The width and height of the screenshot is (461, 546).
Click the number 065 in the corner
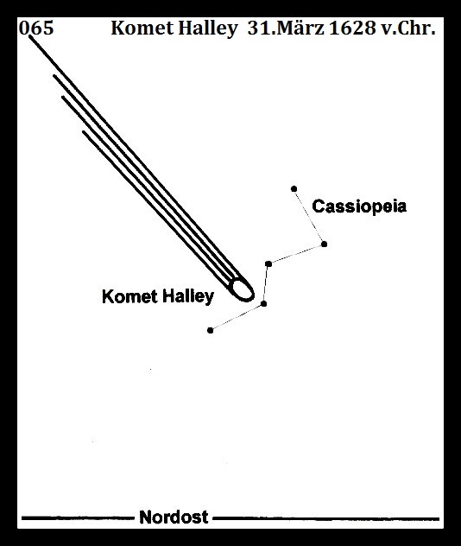click(x=36, y=28)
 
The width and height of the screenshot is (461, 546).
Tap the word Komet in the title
click(x=142, y=28)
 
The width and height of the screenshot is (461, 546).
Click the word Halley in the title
click(x=208, y=29)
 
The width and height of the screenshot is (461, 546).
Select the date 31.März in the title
click(x=286, y=28)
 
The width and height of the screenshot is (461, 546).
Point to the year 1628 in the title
click(x=352, y=28)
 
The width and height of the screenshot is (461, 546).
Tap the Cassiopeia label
click(x=359, y=206)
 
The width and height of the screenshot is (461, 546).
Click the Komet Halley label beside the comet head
click(x=158, y=297)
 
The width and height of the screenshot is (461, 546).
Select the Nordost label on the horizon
click(x=174, y=517)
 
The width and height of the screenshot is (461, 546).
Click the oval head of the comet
click(x=243, y=289)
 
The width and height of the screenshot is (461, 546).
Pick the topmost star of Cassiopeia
click(x=294, y=188)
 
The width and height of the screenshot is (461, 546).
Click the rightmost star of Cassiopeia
click(x=324, y=244)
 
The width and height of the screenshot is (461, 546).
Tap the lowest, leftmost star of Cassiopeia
click(x=210, y=330)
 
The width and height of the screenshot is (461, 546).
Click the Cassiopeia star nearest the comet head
click(x=263, y=303)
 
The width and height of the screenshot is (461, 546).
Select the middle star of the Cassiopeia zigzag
click(x=268, y=264)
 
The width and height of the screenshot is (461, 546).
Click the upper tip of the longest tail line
click(x=30, y=36)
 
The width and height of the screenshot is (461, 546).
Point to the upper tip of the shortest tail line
click(x=84, y=132)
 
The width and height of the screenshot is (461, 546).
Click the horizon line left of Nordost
click(x=78, y=518)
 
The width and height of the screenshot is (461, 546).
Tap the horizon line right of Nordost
click(x=326, y=518)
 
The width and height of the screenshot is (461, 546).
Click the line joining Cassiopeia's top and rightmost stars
click(x=309, y=217)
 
